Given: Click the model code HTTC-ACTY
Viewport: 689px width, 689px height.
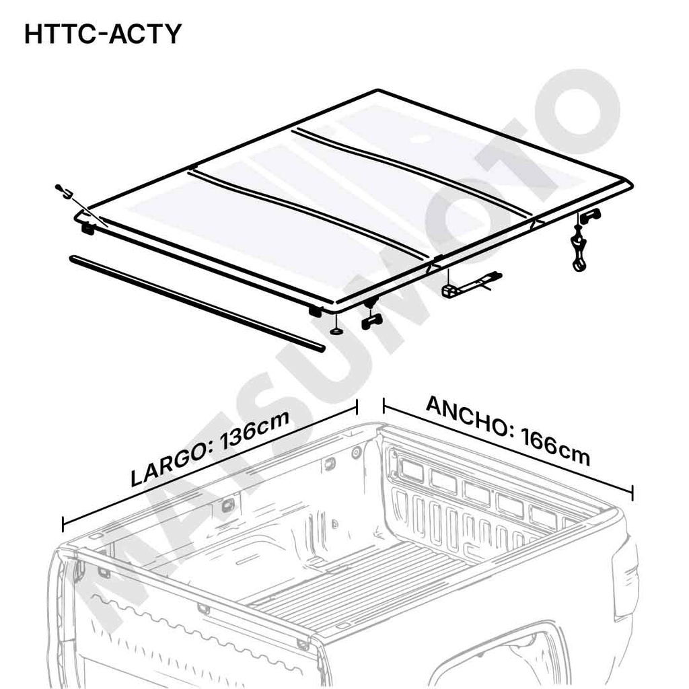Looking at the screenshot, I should [103, 33].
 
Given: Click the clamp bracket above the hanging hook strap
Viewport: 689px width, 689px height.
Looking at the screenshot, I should [590, 215].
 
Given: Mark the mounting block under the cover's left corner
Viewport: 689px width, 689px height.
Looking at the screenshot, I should [87, 229].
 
